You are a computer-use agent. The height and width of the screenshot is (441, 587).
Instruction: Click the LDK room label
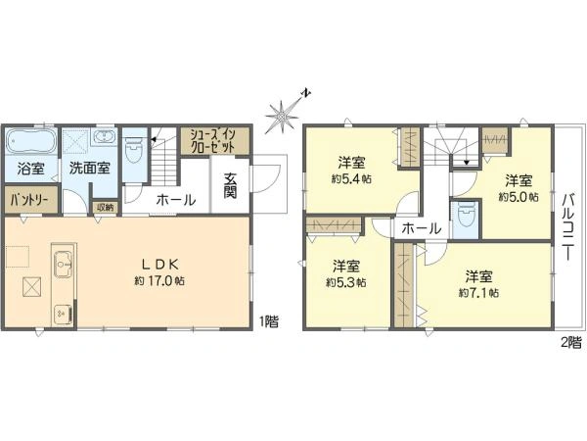point(159,265)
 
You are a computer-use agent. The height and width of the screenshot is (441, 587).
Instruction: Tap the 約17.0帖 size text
point(159,281)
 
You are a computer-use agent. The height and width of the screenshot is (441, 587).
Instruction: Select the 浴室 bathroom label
point(30,169)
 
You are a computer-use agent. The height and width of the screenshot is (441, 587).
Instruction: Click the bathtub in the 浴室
point(31,141)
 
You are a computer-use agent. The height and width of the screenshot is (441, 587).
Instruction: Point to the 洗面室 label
point(89,168)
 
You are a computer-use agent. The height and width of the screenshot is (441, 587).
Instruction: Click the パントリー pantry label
point(29,200)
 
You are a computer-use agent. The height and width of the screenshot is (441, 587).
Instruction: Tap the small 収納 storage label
point(105,208)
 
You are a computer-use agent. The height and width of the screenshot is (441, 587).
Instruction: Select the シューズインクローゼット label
point(213,140)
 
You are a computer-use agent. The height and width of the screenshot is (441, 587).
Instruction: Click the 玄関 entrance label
point(230,185)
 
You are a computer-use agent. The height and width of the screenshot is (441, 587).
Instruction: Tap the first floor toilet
point(134,151)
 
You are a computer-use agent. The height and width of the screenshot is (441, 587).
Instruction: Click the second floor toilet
point(466,218)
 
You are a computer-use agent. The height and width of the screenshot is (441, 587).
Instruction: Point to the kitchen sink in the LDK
point(64,265)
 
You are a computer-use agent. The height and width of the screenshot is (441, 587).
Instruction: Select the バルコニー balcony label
point(568,227)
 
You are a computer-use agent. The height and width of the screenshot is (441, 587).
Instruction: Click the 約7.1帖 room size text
point(478,293)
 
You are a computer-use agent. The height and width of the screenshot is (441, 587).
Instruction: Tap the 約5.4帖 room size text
point(351,179)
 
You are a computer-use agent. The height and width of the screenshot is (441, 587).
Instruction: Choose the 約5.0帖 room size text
point(519,197)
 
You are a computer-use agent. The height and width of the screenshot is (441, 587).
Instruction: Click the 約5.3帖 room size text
point(346,283)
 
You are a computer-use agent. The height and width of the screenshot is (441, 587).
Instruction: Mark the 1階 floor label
point(269,321)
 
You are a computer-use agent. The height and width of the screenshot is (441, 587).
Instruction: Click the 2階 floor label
point(572,342)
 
